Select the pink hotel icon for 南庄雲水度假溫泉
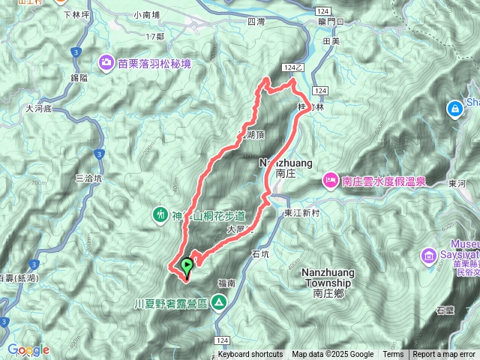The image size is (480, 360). point(330,180)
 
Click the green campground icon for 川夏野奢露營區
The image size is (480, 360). point(218,302)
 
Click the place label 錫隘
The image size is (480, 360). point(79,77)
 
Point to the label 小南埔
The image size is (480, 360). point(148,14)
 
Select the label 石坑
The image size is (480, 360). point(260,254)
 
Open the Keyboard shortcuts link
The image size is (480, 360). point(250,355)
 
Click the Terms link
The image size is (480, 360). point(393,355)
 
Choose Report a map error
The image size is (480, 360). point(445,355)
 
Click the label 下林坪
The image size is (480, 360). point(76,14)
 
